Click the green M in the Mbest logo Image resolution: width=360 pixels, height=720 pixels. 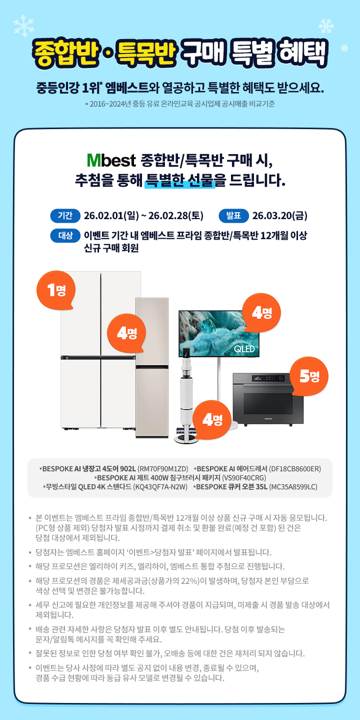tap(94, 161)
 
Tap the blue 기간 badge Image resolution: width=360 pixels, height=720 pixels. tap(65, 216)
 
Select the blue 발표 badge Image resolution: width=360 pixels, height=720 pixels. tap(234, 216)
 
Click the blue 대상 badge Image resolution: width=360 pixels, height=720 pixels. tap(65, 236)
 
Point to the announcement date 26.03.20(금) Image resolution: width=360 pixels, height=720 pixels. tap(279, 216)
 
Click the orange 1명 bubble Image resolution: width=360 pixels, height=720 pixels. tap(56, 290)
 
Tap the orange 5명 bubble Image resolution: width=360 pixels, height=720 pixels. tap(309, 376)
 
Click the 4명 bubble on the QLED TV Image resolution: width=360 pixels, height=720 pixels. tap(261, 313)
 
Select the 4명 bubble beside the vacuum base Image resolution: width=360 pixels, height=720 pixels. tap(212, 420)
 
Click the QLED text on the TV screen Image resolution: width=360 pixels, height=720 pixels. tap(244, 349)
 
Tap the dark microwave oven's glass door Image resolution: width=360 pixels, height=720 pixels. tap(268, 403)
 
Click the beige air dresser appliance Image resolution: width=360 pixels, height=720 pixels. tap(152, 368)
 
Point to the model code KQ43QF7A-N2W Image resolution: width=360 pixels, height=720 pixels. tap(161, 487)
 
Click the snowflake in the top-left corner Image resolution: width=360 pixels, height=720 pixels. tap(24, 26)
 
